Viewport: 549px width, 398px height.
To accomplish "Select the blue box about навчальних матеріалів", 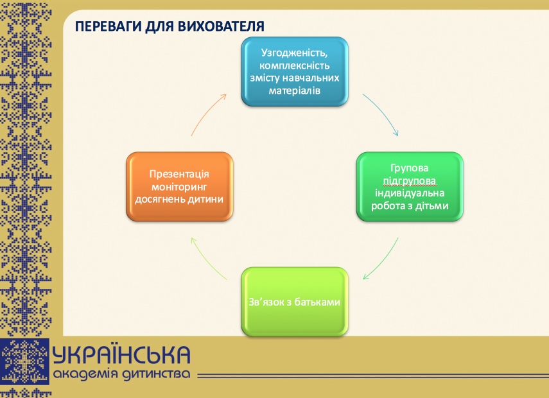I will [x=295, y=71].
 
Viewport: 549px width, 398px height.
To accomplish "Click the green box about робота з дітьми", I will [x=410, y=187].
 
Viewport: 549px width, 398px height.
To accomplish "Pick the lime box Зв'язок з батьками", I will [x=294, y=302].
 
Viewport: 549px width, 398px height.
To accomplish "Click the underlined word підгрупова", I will [x=410, y=181].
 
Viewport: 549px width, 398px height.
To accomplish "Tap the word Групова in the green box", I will [x=410, y=168].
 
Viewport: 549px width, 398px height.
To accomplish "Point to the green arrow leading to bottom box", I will [x=381, y=259].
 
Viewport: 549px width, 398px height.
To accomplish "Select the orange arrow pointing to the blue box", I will [x=208, y=114].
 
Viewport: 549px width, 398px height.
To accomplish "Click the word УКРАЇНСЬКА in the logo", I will [x=122, y=355].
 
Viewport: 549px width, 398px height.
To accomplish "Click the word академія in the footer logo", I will [x=87, y=374].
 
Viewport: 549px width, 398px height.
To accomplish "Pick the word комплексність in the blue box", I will [x=295, y=65].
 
